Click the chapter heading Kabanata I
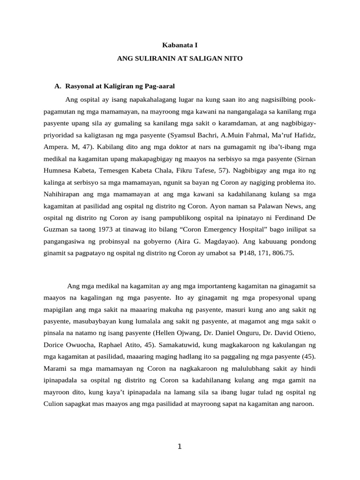pyautogui.click(x=180, y=46)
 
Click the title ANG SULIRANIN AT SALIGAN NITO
pyautogui.click(x=180, y=60)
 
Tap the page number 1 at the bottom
pyautogui.click(x=180, y=446)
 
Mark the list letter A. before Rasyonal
pyautogui.click(x=58, y=87)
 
